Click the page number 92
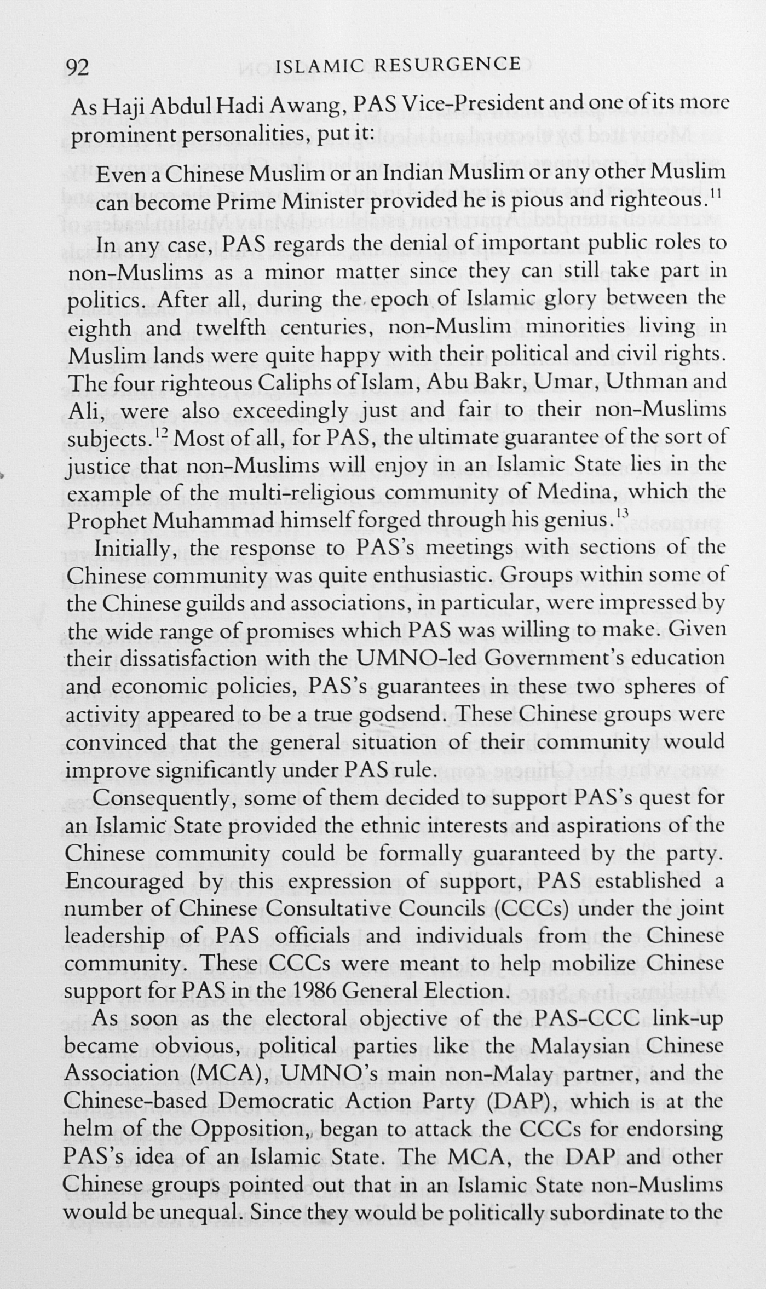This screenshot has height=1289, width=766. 77,67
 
